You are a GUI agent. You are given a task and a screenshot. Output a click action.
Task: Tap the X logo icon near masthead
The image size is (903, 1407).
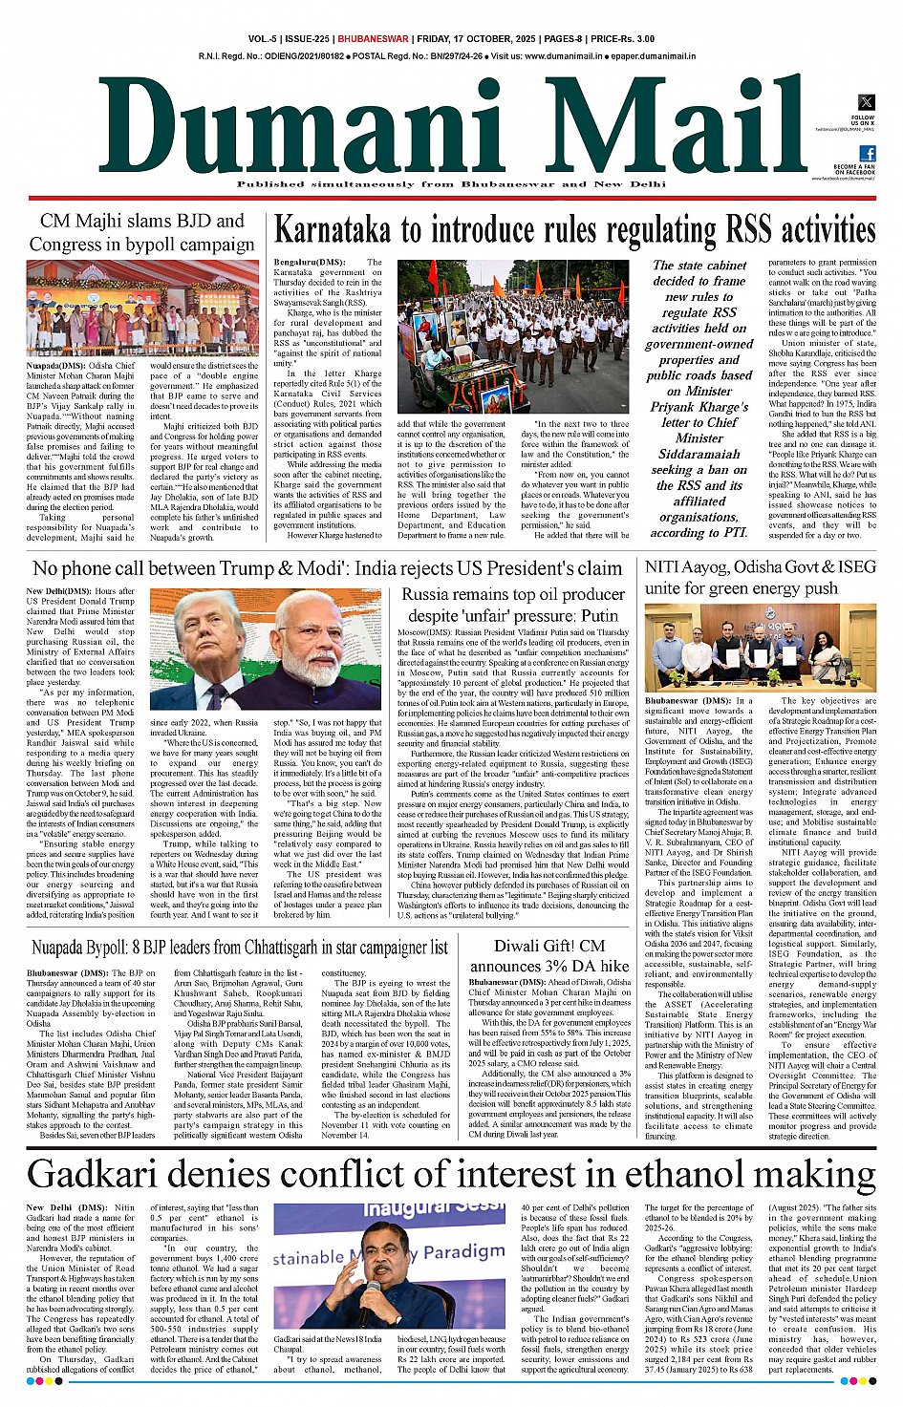[x=866, y=102]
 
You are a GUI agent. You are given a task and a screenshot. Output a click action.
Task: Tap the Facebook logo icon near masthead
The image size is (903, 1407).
[x=867, y=153]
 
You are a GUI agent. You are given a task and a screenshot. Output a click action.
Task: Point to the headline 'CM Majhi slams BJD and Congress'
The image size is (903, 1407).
[x=142, y=232]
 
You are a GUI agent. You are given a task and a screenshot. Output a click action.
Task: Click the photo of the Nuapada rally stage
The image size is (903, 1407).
[x=142, y=308]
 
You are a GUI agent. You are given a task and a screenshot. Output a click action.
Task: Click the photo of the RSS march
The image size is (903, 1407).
[x=512, y=336]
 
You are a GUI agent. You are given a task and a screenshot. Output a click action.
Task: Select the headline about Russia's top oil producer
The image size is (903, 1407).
[x=513, y=605]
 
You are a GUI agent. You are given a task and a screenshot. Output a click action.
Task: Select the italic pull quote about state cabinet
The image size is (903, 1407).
[x=700, y=398]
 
